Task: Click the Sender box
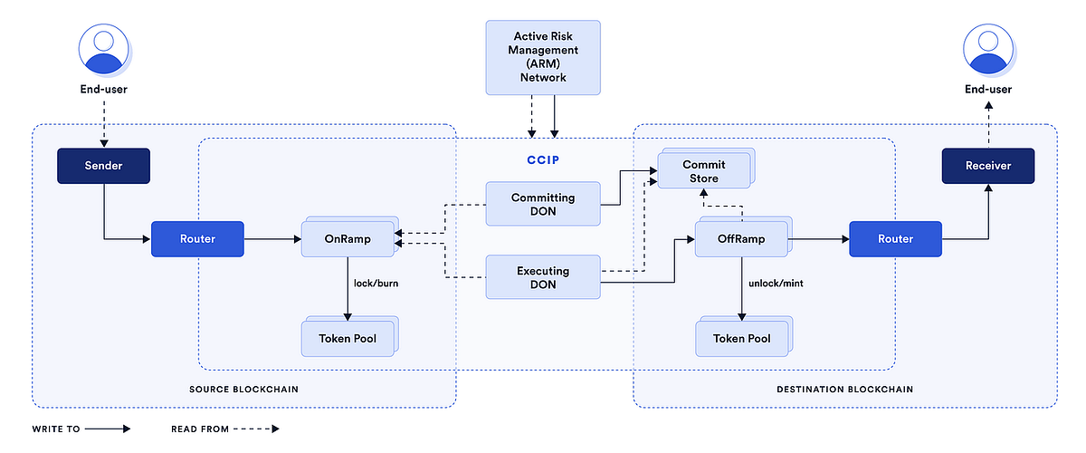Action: (x=102, y=167)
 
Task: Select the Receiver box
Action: (x=987, y=167)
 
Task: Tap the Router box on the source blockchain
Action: (x=196, y=239)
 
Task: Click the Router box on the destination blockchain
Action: (x=895, y=239)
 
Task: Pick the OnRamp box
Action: (x=348, y=240)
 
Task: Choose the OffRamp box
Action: (x=739, y=240)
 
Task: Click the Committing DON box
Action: (x=543, y=204)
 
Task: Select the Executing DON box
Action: (x=543, y=277)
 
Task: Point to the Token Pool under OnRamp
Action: (x=348, y=339)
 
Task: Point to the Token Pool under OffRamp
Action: (x=739, y=339)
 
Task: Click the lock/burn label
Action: (x=377, y=284)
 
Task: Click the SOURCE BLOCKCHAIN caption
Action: (x=244, y=389)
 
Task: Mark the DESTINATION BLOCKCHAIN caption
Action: (x=844, y=389)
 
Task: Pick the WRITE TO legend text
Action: (x=56, y=429)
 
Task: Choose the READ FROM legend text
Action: (x=199, y=429)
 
